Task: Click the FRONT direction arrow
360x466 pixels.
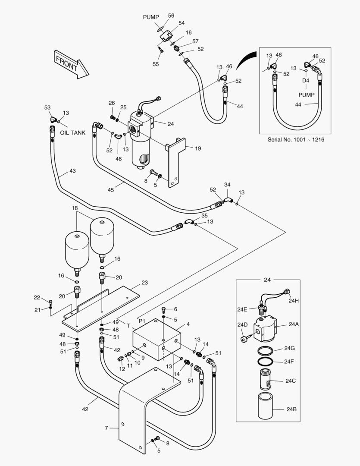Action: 70,64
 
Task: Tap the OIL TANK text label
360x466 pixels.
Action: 72,132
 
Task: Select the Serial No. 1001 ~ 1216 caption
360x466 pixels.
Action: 295,140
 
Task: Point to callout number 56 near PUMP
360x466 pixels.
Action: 171,16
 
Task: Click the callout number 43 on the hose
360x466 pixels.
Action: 72,171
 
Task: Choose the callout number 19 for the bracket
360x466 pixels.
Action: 197,148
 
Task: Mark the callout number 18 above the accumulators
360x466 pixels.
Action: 75,208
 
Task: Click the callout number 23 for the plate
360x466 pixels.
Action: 144,283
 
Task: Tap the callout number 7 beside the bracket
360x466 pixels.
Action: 106,428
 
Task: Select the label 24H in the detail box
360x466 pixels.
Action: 294,301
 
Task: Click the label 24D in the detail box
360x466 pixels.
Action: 242,324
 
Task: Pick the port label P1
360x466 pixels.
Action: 142,321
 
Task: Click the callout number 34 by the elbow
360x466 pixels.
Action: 227,185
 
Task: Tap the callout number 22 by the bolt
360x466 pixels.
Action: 37,297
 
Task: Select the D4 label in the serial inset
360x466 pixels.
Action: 306,81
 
